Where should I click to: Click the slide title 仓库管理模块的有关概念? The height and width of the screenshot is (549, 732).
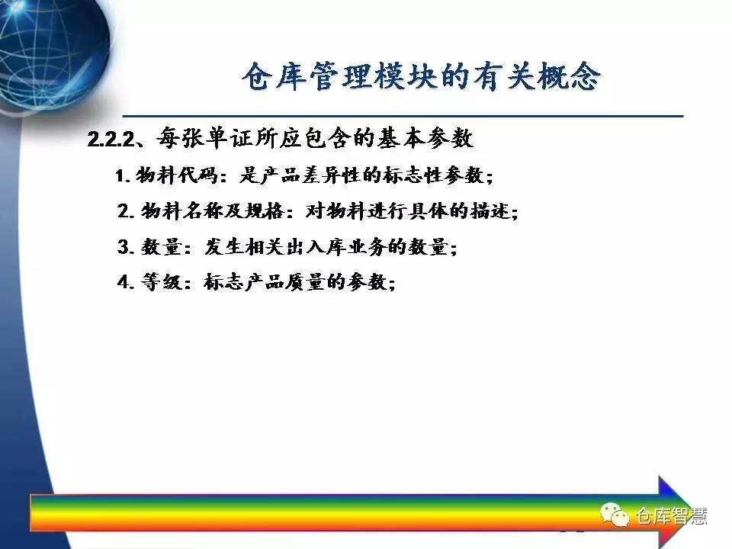pos(421,76)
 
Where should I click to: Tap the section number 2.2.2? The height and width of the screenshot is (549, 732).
pos(111,139)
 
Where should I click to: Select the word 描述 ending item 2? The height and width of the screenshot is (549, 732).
pos(490,211)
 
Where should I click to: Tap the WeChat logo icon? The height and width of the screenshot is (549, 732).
pos(615,515)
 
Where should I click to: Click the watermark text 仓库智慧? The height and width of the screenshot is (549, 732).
pos(671,516)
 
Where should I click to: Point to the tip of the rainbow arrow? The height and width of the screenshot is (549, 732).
pos(689,504)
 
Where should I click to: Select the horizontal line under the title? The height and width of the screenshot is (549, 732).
pos(403,115)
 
